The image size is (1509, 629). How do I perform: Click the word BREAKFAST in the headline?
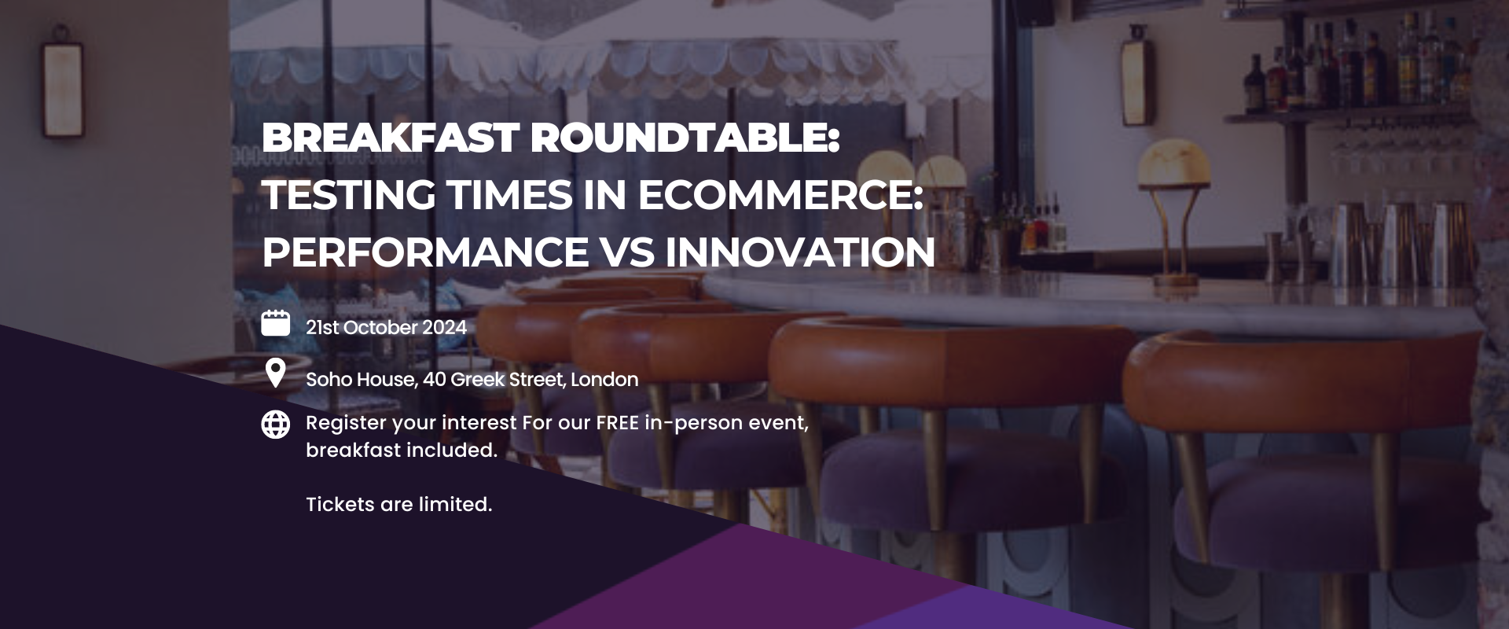pos(390,139)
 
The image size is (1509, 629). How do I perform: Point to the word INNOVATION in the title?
pos(800,252)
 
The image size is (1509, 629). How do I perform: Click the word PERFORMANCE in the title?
pos(425,252)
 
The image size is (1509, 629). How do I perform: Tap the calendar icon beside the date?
pos(275,323)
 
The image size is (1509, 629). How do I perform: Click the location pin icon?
pos(275,373)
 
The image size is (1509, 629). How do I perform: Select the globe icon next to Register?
pos(275,425)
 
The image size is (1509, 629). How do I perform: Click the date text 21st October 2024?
pos(386,327)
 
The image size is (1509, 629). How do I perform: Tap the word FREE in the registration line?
pos(617,423)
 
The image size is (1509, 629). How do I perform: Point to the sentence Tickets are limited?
pos(399,505)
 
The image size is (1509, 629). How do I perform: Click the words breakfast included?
pos(402,451)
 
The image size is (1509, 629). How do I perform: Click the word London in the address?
pos(604,380)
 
